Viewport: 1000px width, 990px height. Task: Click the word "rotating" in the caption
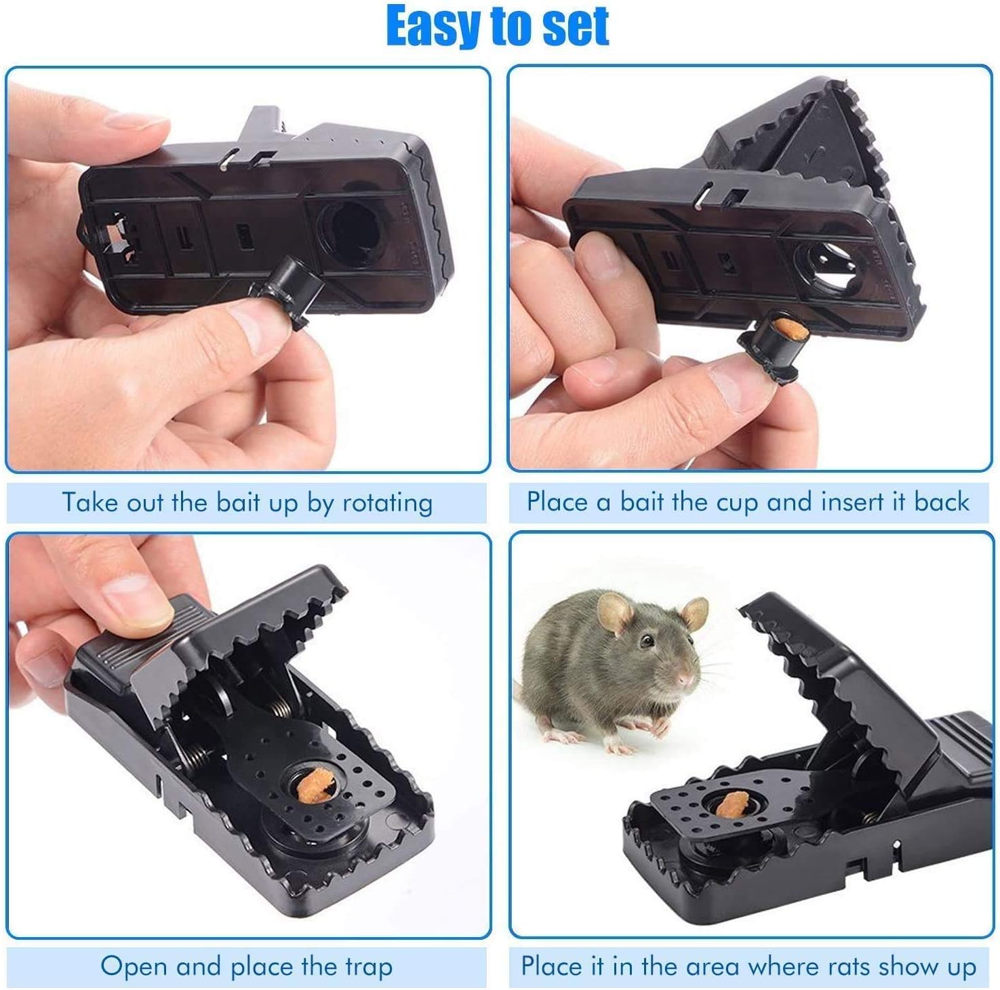387,503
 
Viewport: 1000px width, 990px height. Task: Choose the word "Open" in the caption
134,966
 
